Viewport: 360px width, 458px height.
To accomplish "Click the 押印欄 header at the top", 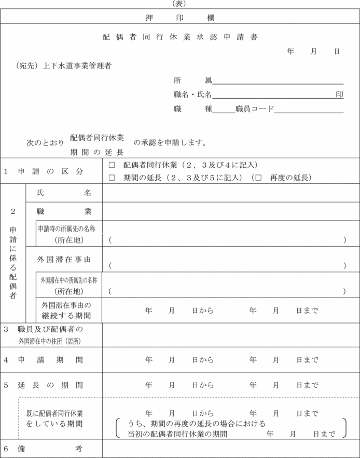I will click(x=180, y=18).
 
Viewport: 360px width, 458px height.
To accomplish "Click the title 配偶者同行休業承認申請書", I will click(x=180, y=37).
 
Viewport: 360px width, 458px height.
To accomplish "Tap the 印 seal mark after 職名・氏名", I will click(x=339, y=95).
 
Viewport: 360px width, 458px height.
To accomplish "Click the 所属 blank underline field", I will click(x=278, y=80).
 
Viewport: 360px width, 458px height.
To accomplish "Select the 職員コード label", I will click(x=254, y=109).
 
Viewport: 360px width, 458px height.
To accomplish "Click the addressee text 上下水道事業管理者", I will click(x=78, y=66).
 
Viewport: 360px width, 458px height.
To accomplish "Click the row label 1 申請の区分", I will click(x=44, y=171).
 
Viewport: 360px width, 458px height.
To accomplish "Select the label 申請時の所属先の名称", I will click(x=70, y=228).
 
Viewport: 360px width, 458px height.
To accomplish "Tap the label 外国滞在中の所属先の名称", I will click(x=69, y=280).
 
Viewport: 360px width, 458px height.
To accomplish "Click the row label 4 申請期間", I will click(x=44, y=360).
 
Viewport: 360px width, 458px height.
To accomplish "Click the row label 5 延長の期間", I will click(x=44, y=386).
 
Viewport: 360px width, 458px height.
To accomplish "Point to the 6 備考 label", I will click(x=44, y=449).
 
